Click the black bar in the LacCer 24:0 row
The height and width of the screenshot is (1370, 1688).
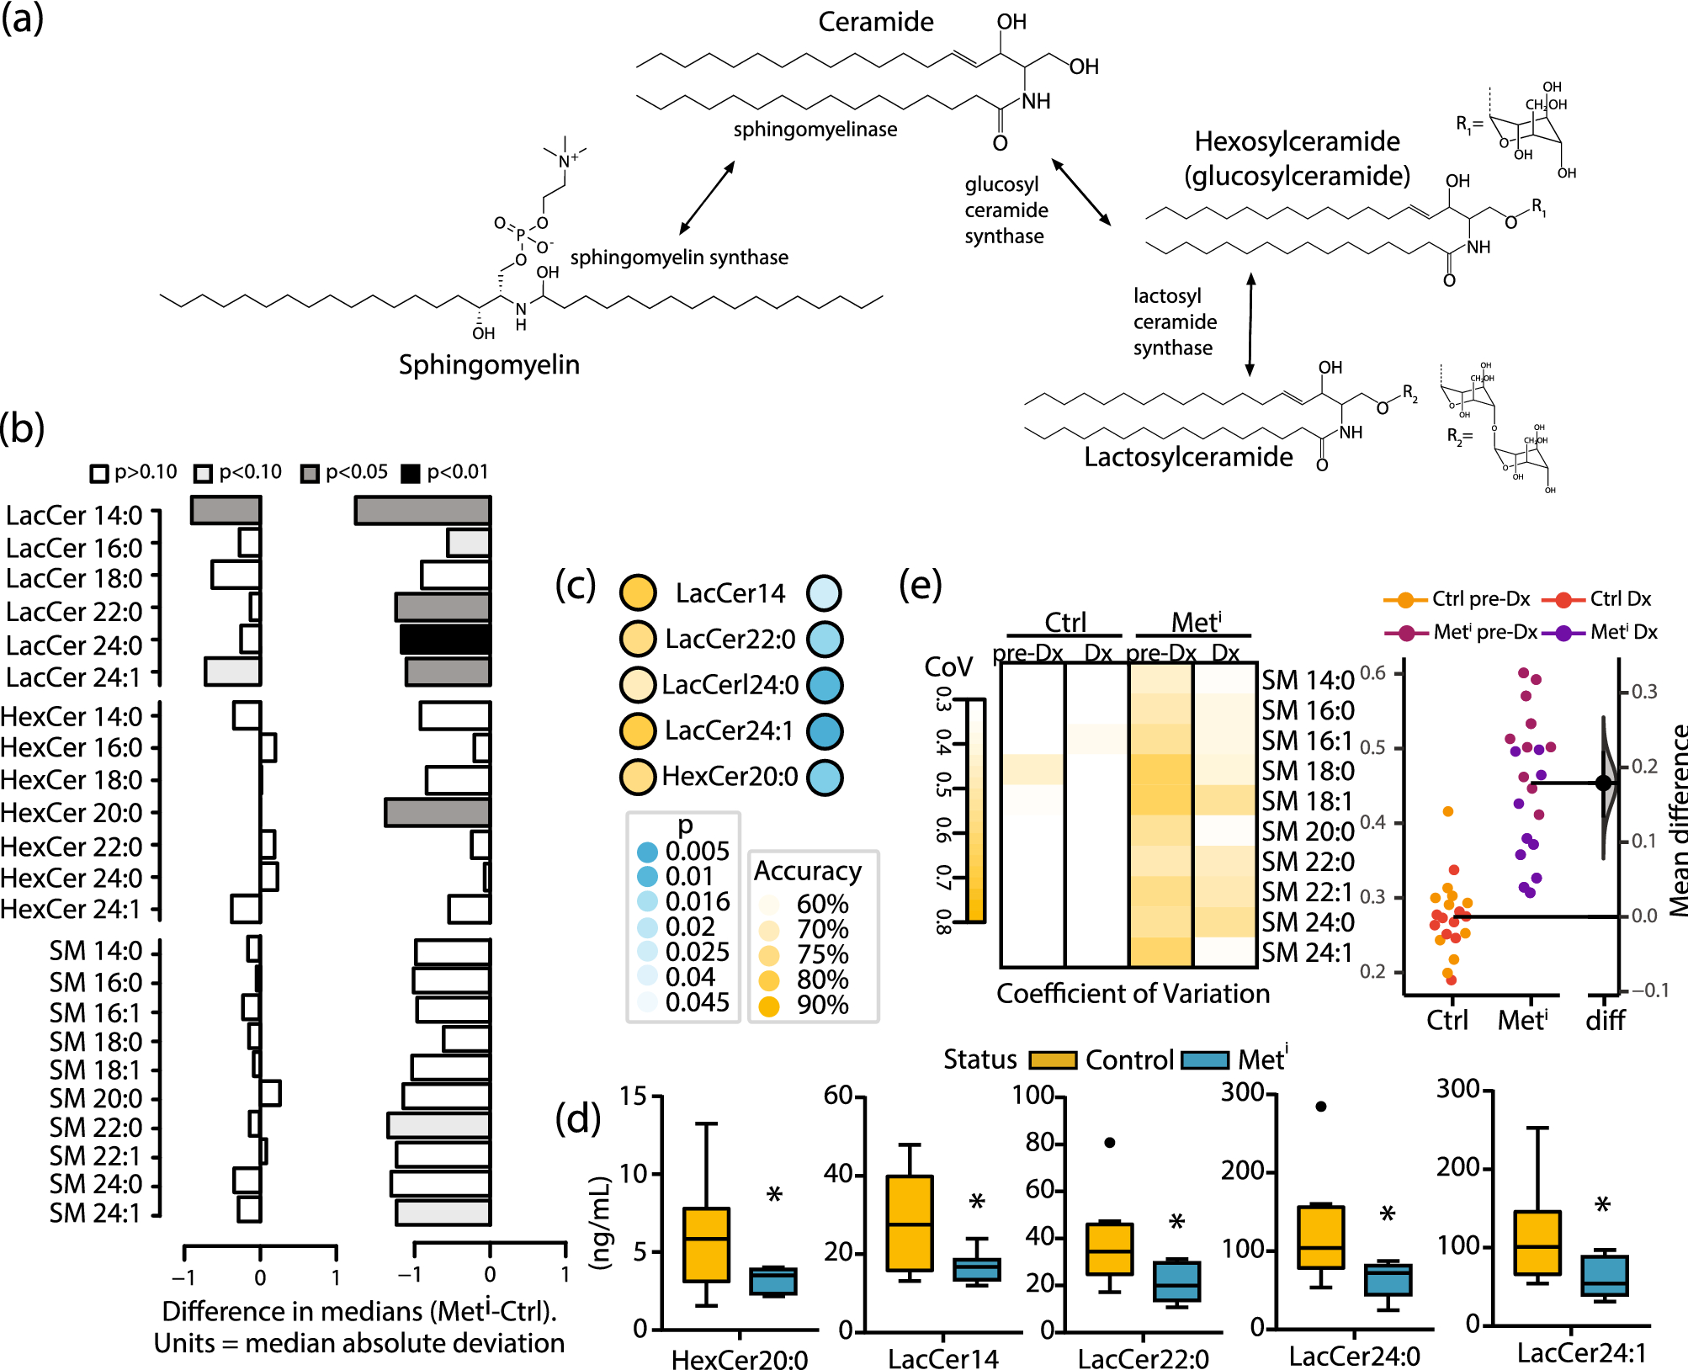(444, 639)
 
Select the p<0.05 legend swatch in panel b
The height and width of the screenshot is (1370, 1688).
(310, 473)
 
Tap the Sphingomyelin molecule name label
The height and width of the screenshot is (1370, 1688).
(489, 364)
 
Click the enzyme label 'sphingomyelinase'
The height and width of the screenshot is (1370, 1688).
(815, 129)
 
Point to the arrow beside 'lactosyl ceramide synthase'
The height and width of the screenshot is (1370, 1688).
(1250, 324)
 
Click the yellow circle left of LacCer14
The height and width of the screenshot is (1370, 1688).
(638, 592)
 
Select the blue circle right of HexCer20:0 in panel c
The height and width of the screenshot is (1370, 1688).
(825, 777)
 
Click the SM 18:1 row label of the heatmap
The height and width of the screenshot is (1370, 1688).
(1307, 800)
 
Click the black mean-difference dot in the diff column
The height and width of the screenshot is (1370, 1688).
(1604, 783)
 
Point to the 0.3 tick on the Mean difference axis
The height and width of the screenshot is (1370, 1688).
(1643, 692)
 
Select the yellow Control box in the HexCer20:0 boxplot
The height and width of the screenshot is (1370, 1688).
(706, 1245)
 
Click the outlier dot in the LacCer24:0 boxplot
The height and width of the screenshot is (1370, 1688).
(1321, 1107)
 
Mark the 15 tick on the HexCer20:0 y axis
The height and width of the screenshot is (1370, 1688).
(634, 1096)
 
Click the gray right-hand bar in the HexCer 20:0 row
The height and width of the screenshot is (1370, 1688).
(438, 812)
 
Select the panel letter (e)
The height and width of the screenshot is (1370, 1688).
(920, 584)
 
